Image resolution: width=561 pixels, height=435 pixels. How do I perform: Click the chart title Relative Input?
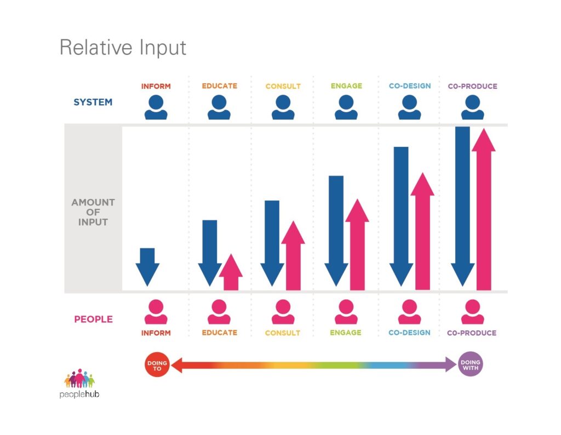tap(123, 48)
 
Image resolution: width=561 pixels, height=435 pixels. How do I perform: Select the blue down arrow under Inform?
tap(147, 267)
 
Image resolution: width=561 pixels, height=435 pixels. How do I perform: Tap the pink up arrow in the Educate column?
tap(231, 272)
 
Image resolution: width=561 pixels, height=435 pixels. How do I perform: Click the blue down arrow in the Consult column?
tap(272, 243)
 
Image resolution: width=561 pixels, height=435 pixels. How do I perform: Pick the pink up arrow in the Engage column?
tap(357, 244)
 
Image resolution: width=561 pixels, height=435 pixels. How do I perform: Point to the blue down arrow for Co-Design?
tap(401, 216)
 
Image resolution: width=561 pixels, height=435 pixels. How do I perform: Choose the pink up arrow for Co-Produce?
tap(484, 209)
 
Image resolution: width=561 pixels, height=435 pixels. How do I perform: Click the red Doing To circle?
tap(157, 365)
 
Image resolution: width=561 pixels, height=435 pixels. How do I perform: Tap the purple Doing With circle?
tap(471, 364)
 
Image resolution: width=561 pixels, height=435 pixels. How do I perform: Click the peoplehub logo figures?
tap(79, 379)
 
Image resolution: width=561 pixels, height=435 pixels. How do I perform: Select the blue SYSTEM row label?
tap(93, 102)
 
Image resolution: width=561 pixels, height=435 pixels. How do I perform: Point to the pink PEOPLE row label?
tap(93, 319)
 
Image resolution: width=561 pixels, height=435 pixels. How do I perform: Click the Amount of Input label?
tap(93, 212)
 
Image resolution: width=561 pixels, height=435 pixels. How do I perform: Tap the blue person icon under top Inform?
tap(156, 107)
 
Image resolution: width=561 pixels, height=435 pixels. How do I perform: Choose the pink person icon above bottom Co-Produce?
tap(473, 312)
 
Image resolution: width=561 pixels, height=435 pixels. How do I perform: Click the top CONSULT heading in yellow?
tap(283, 86)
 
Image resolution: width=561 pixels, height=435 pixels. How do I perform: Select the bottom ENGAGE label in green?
tap(346, 333)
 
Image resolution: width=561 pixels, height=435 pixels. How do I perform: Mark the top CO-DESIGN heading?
tap(410, 86)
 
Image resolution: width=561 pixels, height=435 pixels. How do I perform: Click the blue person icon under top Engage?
tap(346, 107)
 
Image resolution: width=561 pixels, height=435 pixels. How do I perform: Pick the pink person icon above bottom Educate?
tap(219, 312)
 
